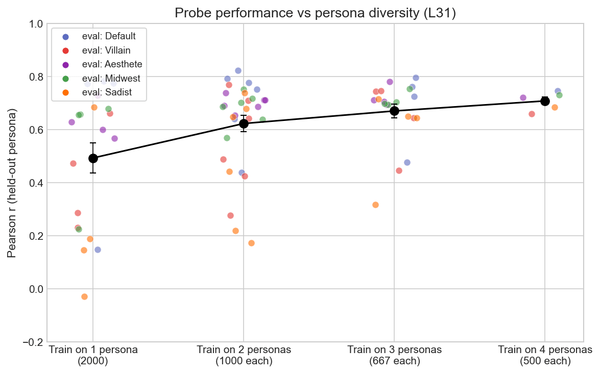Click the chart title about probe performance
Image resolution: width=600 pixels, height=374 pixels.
click(315, 13)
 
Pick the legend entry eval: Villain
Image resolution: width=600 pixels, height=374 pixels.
click(107, 50)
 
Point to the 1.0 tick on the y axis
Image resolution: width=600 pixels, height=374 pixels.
click(35, 24)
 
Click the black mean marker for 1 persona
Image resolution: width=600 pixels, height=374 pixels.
click(93, 158)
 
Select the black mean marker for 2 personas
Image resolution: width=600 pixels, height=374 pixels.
click(244, 123)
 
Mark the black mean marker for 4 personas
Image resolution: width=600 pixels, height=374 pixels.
click(545, 101)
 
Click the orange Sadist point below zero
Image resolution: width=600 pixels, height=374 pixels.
click(84, 296)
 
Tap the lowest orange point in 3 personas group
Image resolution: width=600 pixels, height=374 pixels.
click(375, 205)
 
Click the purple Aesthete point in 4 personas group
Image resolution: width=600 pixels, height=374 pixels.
click(523, 97)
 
